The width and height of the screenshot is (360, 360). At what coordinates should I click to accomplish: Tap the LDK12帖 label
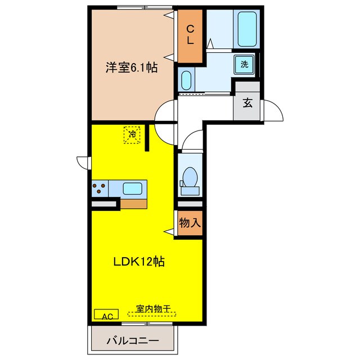(x=139, y=262)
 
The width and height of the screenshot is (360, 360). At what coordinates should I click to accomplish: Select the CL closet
(x=190, y=35)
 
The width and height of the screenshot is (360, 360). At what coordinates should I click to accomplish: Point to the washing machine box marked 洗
(x=245, y=64)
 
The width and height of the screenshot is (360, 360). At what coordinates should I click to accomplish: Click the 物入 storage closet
(x=190, y=223)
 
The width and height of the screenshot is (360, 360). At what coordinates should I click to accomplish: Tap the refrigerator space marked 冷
(x=132, y=134)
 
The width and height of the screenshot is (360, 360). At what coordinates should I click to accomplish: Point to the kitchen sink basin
(x=133, y=188)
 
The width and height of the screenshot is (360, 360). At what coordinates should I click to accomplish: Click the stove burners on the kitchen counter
(x=100, y=188)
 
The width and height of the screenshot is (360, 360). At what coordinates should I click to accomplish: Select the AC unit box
(x=106, y=316)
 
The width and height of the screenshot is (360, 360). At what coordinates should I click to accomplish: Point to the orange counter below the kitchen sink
(x=134, y=202)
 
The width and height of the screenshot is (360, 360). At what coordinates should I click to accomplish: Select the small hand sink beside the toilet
(x=181, y=183)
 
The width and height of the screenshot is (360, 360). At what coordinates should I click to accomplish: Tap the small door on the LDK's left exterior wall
(x=83, y=162)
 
